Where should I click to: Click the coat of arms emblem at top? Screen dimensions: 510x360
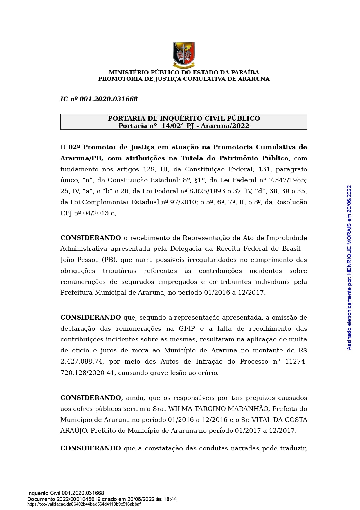click(184, 55)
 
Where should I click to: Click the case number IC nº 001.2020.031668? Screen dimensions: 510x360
click(99, 99)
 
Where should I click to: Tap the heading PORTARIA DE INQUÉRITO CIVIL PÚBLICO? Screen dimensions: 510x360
click(184, 118)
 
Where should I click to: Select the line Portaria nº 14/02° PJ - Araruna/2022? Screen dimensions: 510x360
click(184, 126)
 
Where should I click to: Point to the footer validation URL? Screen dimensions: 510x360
click(84, 504)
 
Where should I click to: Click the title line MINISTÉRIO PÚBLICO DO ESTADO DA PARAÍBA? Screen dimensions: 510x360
click(184, 72)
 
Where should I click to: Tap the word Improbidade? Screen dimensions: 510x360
click(287, 238)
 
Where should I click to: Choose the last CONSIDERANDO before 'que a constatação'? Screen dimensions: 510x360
click(91, 448)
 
